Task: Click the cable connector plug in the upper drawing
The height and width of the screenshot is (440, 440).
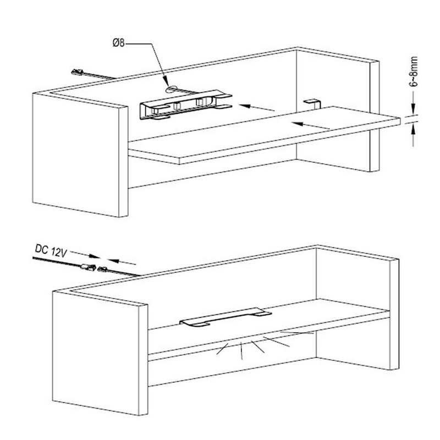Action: point(77,72)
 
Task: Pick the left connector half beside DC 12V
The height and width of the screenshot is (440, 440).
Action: point(86,267)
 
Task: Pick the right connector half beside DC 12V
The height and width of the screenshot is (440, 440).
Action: point(102,269)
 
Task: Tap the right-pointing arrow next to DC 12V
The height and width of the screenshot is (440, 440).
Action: point(81,255)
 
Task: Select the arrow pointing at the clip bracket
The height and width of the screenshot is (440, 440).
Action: point(258,108)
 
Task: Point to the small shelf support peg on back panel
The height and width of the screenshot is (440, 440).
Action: point(312,102)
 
